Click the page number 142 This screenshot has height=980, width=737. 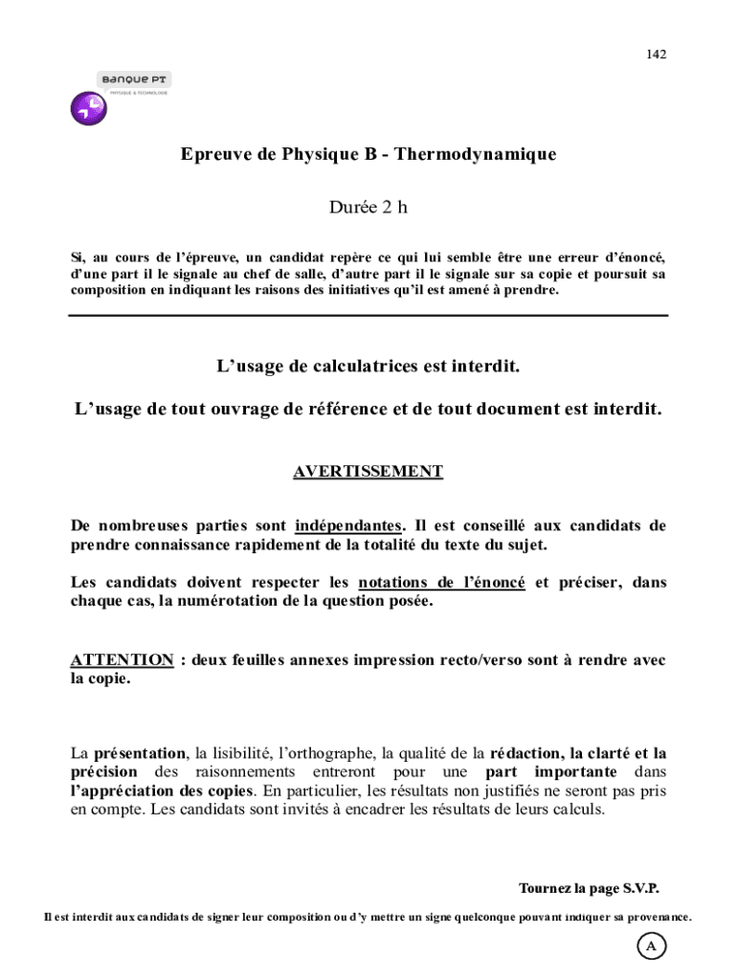[656, 54]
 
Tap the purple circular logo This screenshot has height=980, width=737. [89, 108]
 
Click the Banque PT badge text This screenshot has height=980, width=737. [134, 79]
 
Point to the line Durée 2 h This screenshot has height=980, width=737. [368, 207]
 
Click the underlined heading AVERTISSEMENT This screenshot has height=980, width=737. [368, 471]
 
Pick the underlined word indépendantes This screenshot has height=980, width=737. [348, 525]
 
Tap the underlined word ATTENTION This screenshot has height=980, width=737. [122, 660]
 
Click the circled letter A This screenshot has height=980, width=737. [652, 947]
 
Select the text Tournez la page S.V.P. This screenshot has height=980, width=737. [589, 887]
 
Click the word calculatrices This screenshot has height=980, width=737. [374, 367]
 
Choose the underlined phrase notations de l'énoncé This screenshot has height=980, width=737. [441, 582]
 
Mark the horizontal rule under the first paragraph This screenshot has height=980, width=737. [368, 315]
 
